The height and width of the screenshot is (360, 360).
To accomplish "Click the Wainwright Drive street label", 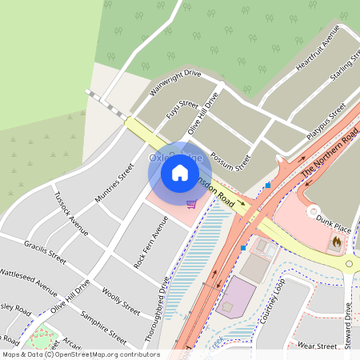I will pos(174,82).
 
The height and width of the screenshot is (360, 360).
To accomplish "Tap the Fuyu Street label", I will pos(182,110).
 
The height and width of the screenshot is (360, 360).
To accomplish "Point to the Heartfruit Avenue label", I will pos(318,54).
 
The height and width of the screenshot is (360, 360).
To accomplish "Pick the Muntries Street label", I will pos(114,183).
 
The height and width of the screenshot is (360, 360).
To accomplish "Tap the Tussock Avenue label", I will pos(70,211).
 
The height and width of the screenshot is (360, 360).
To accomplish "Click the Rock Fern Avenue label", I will pos(151,244).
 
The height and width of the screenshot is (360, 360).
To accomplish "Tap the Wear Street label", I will pos(317,346).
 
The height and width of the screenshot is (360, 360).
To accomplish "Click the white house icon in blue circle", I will pos(180,173).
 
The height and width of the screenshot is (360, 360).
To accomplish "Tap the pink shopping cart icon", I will pos(190,204).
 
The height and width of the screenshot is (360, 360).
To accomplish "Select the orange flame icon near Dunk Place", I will pos(335,240).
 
